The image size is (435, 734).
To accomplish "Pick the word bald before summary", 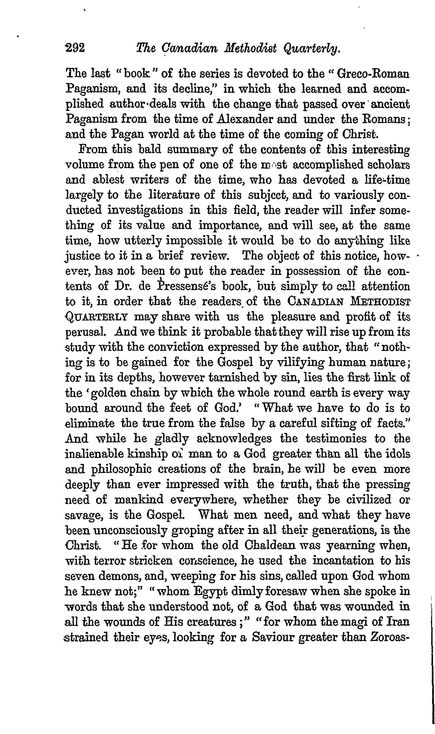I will point(150,149).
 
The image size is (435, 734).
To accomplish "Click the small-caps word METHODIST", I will point(380,302).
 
